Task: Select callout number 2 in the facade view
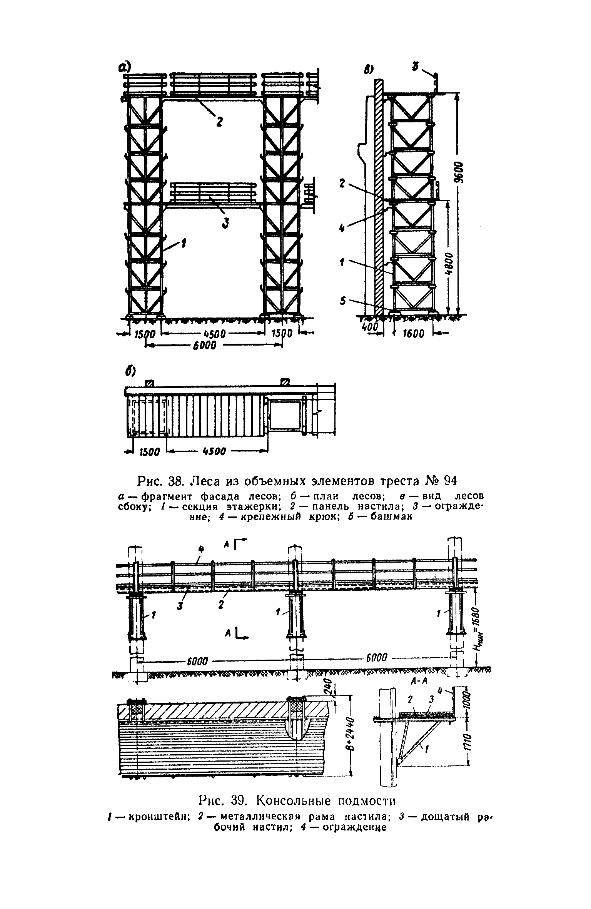(x=219, y=122)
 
